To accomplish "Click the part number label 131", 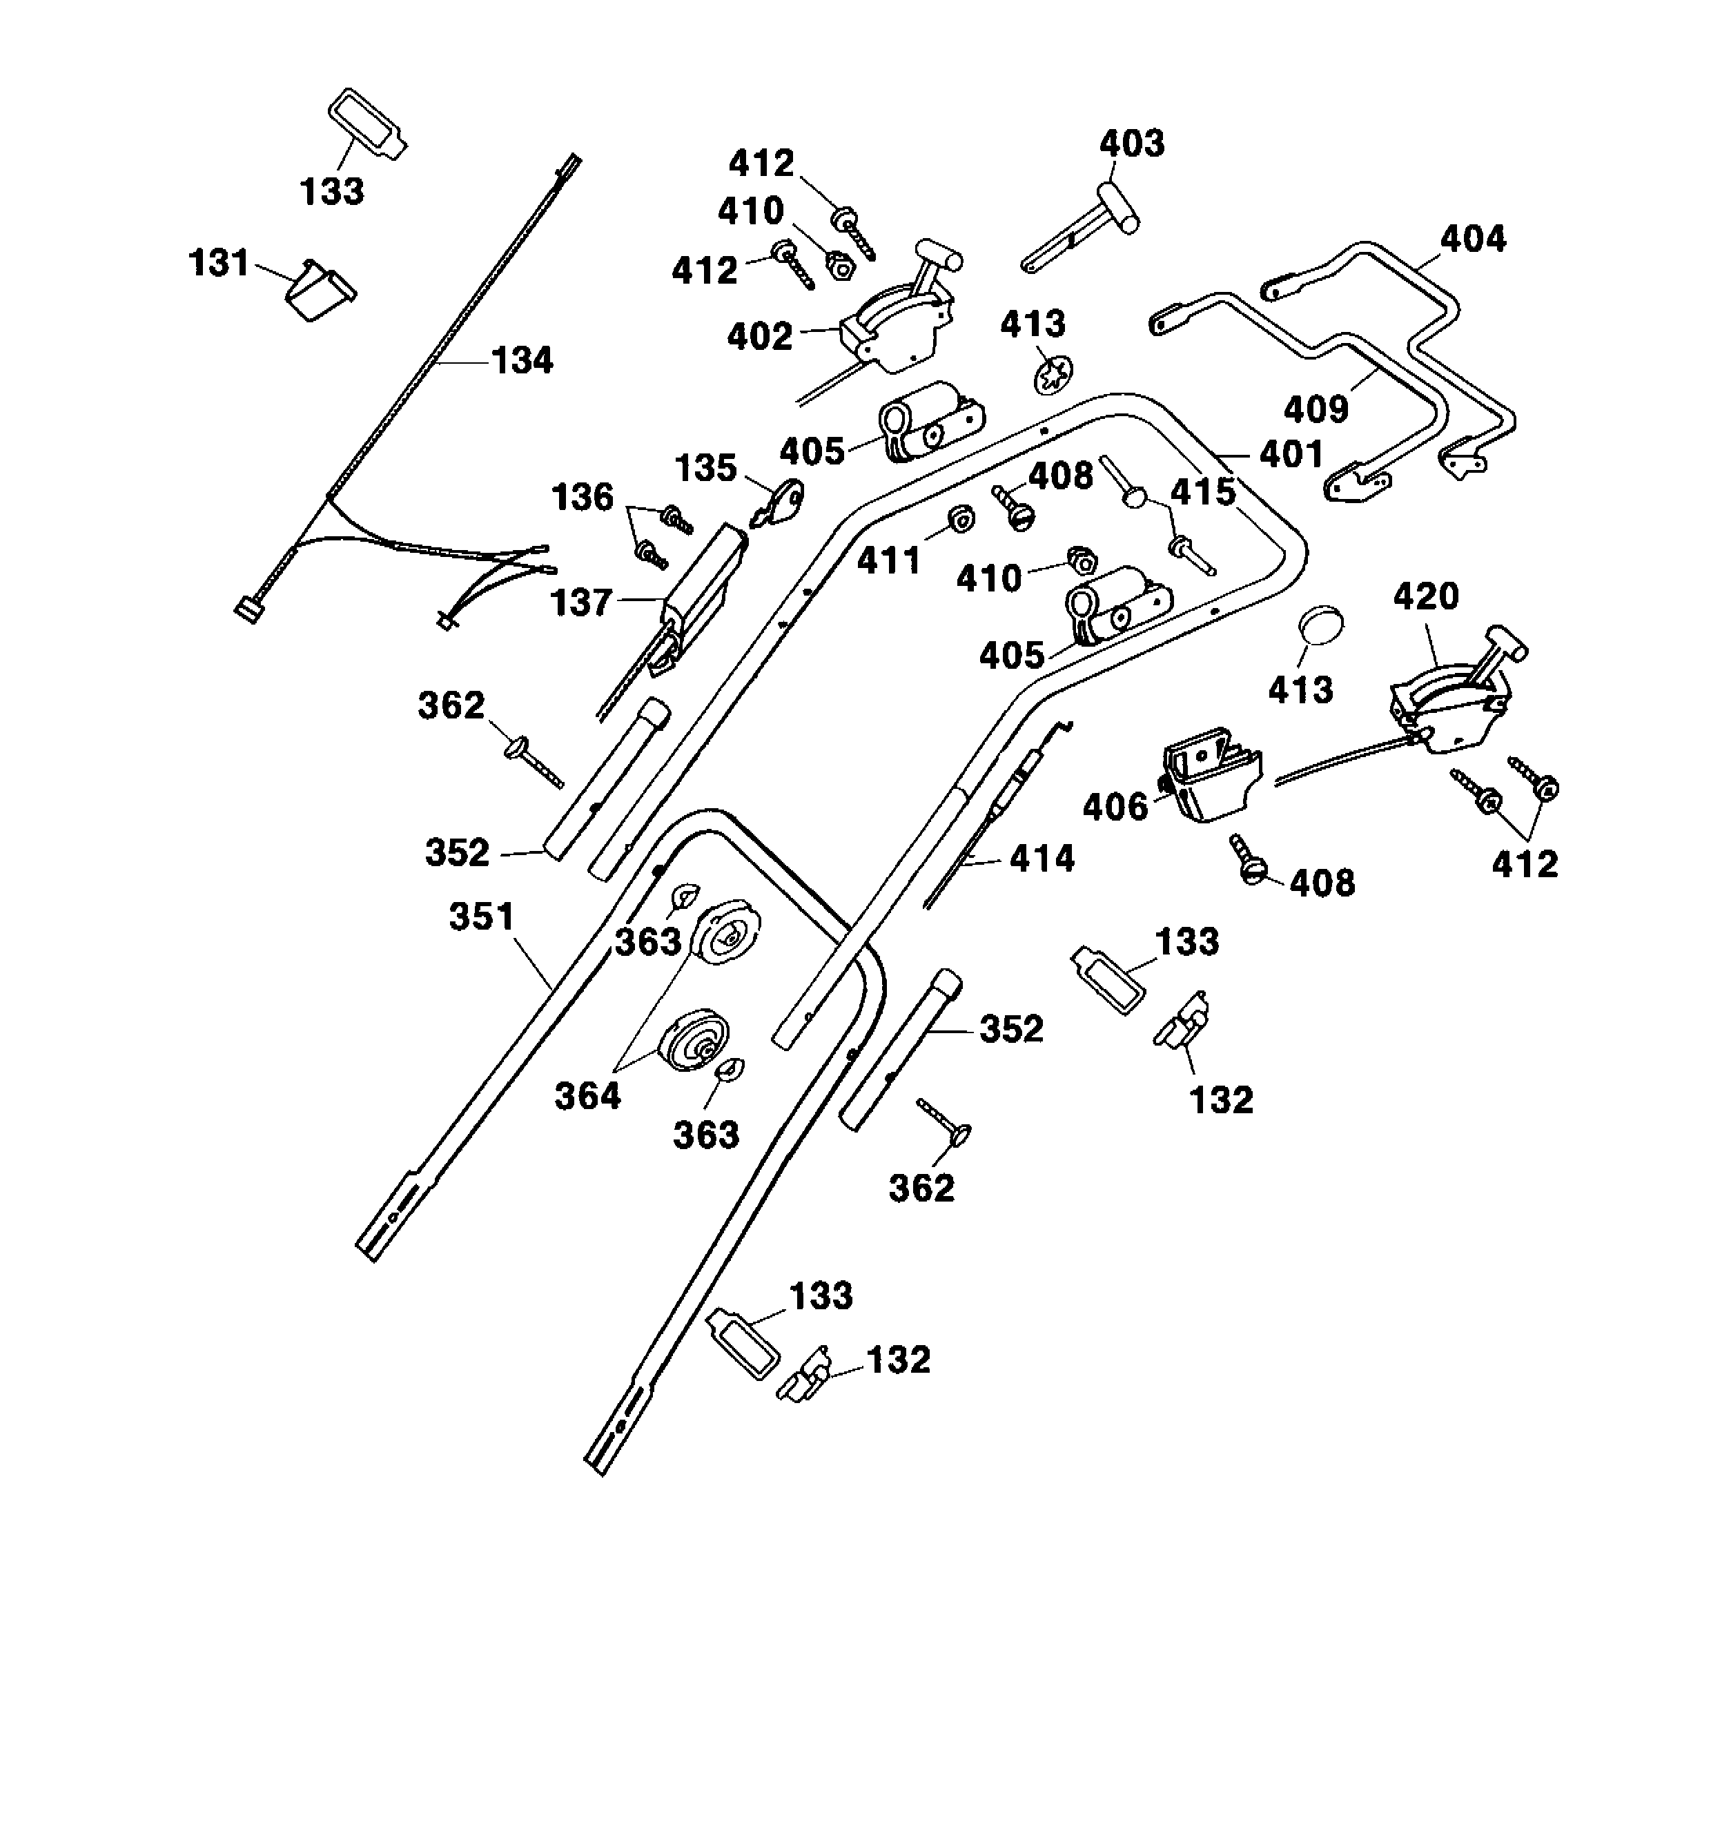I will click(x=218, y=264).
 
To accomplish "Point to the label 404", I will click(x=1472, y=239).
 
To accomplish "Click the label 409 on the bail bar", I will click(x=1316, y=409).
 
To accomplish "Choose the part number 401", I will click(x=1291, y=454).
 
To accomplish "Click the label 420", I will click(x=1425, y=597).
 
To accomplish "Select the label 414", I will click(x=1042, y=859).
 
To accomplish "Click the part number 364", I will click(x=587, y=1096).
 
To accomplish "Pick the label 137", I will click(x=580, y=603).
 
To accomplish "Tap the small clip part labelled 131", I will click(x=319, y=289).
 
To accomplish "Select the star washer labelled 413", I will click(x=1053, y=375).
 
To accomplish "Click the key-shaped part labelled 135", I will click(x=780, y=503).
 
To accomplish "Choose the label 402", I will click(x=760, y=337).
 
